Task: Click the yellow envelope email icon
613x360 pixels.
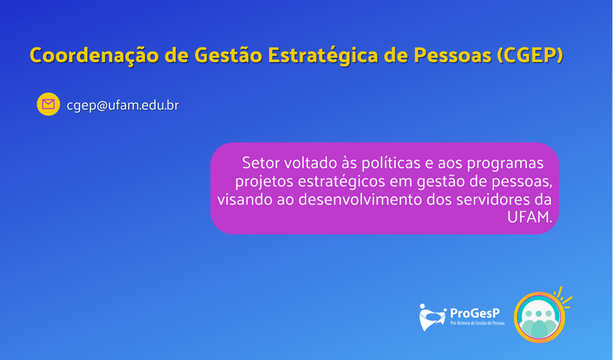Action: (48, 104)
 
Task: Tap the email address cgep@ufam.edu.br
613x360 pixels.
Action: (123, 106)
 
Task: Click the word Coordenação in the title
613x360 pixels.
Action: (95, 55)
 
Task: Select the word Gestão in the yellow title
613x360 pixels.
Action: (228, 55)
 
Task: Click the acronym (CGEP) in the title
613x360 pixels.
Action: (530, 56)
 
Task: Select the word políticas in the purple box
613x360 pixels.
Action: (391, 164)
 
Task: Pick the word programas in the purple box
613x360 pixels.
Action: (505, 164)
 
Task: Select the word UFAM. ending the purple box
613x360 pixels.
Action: (530, 217)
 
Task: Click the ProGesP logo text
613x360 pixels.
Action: (474, 313)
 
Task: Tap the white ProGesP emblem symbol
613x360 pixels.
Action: (432, 317)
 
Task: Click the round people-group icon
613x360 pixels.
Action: (539, 317)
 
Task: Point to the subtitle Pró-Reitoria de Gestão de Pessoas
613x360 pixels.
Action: (477, 323)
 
